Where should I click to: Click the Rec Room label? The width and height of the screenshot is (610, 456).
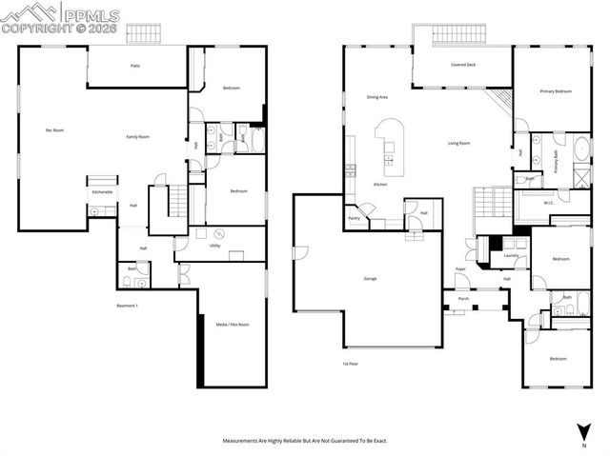54,129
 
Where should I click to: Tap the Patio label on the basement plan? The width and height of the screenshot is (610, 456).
136,66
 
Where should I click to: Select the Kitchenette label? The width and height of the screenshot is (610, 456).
103,191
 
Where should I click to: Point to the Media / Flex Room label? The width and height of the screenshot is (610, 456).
233,325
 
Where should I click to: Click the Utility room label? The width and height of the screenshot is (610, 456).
215,245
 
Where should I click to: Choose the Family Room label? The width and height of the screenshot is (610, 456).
138,137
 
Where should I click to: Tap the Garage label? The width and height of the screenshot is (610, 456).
370,279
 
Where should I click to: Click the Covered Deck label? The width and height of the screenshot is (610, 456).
464,66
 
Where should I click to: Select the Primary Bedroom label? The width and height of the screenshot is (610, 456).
556,91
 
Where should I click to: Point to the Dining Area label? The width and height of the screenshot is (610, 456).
377,97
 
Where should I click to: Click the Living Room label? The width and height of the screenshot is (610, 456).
459,144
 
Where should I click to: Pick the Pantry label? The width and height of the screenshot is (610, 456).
354,218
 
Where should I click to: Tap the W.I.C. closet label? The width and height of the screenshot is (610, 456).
550,202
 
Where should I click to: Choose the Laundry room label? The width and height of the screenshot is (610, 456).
511,255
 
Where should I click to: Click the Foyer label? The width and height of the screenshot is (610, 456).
460,269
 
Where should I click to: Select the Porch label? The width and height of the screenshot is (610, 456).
463,299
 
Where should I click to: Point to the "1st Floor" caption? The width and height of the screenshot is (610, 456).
351,364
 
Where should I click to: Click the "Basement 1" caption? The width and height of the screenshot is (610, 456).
128,306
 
